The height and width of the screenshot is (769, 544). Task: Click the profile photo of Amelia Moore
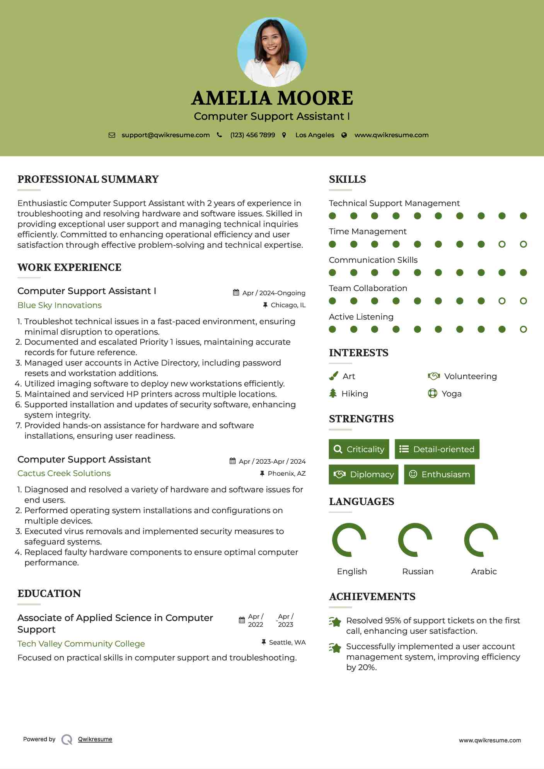point(272,52)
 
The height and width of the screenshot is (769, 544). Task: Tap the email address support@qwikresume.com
point(165,135)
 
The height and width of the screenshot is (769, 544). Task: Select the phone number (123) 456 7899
point(252,135)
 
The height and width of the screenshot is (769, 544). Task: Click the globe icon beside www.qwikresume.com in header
point(344,135)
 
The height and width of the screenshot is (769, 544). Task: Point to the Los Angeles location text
point(315,135)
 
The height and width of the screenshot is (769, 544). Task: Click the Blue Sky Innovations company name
point(60,305)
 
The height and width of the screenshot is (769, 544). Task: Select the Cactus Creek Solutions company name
point(64,473)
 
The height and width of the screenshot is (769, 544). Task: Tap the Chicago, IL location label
point(288,305)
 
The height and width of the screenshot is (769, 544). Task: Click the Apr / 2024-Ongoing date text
point(274,293)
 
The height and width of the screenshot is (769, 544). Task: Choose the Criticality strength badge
point(359,449)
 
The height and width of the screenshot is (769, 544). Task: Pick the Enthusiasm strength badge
point(439,475)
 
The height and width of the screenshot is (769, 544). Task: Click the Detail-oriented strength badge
point(437,449)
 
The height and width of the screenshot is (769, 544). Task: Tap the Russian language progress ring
point(415,540)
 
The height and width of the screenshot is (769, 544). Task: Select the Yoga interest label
point(452,394)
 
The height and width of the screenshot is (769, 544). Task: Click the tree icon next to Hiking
point(333,393)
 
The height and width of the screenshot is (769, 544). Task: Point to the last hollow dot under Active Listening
point(523,329)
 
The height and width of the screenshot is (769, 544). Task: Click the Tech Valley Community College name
point(81,644)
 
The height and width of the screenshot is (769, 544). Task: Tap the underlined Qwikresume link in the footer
point(95,739)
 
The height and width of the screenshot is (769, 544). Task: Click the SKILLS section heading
point(347,179)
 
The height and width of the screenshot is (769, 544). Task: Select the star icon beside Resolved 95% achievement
point(335,622)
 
